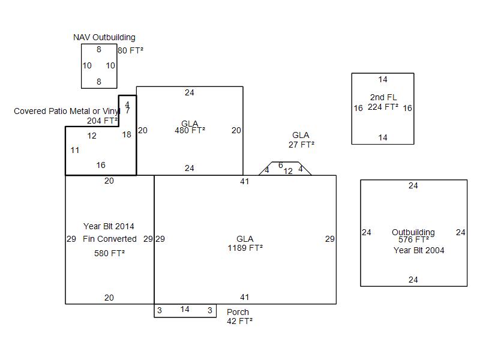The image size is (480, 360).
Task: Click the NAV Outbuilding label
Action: click(104, 37)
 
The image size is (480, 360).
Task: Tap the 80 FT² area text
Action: click(130, 50)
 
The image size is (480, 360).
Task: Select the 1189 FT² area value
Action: click(245, 248)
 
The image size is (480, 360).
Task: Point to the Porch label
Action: click(238, 312)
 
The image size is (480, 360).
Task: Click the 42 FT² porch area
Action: click(239, 321)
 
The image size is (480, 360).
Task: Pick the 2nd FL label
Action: click(383, 97)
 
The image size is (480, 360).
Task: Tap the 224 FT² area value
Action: click(383, 107)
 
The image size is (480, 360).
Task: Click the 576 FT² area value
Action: click(413, 240)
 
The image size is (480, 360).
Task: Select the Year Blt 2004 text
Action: click(419, 250)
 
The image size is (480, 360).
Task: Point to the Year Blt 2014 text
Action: click(109, 226)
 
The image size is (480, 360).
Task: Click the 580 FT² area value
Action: click(109, 253)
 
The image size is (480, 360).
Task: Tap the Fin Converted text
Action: click(110, 239)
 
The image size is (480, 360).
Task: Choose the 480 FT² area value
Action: click(190, 130)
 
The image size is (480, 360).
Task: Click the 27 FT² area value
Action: click(301, 145)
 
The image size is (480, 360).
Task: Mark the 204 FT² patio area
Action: click(102, 121)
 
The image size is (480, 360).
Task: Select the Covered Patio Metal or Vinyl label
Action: click(67, 111)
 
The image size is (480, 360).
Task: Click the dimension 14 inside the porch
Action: click(185, 310)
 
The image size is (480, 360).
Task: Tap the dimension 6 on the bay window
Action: click(280, 166)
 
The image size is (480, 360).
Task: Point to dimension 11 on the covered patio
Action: click(75, 150)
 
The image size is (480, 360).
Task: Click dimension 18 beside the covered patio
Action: click(127, 134)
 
